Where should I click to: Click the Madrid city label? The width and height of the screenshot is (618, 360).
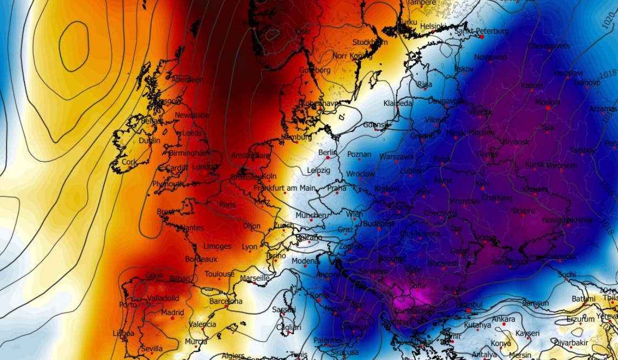click(x=173, y=312)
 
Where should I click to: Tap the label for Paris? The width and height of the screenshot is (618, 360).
click(x=227, y=205)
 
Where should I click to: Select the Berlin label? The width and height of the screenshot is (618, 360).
click(x=327, y=153)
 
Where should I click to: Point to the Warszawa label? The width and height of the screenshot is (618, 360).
click(x=396, y=157)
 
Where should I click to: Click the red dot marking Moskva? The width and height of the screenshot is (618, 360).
click(x=548, y=108)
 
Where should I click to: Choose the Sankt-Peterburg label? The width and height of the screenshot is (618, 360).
click(x=481, y=31)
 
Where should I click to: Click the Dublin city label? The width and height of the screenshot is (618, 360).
click(x=149, y=141)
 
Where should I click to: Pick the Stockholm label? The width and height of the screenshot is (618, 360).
click(x=370, y=42)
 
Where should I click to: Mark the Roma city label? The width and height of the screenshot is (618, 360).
click(x=319, y=296)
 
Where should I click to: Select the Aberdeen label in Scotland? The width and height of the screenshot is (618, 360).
click(x=188, y=80)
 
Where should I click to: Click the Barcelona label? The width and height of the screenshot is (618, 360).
click(x=226, y=301)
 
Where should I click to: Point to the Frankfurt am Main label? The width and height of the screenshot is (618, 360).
click(x=284, y=188)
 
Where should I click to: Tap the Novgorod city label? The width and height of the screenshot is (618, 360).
click(x=491, y=57)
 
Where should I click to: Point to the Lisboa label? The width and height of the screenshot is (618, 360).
click(x=123, y=334)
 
